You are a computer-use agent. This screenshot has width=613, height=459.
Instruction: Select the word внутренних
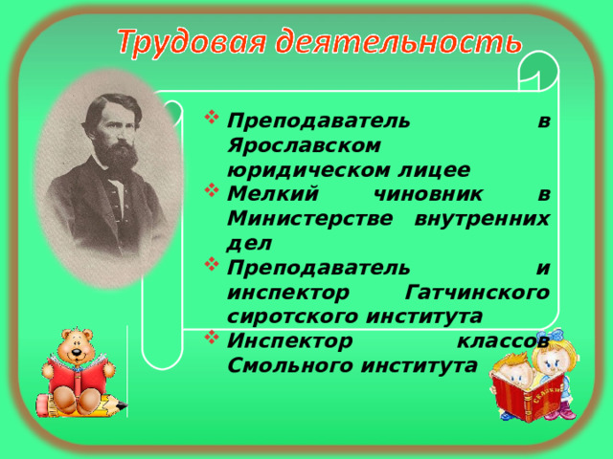[x=488, y=219]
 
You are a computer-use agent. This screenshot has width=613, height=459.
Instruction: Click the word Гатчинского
[x=479, y=292]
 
